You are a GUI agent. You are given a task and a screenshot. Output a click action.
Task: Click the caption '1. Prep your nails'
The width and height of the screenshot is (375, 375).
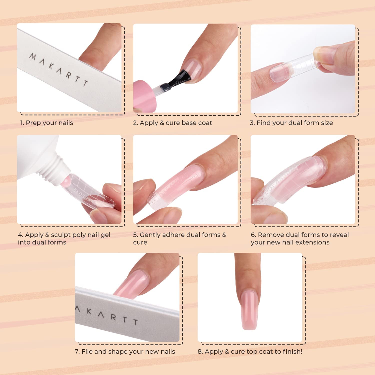tap(47, 123)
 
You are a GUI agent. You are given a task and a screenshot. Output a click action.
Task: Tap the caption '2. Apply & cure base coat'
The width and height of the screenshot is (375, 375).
tap(172, 123)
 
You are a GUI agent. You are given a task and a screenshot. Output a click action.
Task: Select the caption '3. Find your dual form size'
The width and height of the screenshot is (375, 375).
tap(291, 123)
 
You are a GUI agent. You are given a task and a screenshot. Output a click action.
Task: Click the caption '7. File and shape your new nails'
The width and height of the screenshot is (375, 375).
tap(125, 351)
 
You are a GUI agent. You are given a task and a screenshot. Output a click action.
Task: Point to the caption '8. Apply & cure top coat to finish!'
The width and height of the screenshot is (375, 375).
tap(250, 351)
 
